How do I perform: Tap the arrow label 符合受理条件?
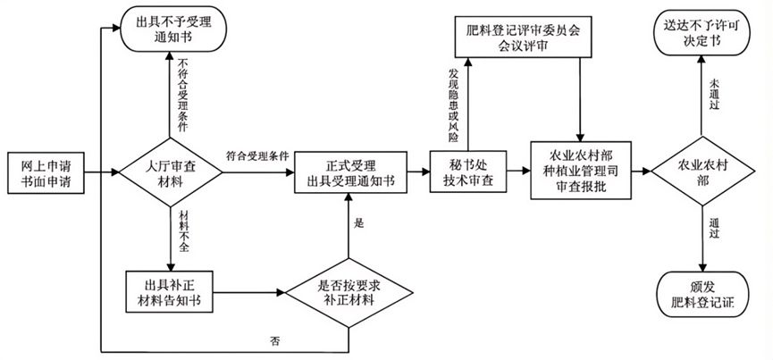tap(257, 155)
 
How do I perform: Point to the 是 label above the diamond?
tap(358, 224)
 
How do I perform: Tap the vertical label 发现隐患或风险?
tap(453, 105)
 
